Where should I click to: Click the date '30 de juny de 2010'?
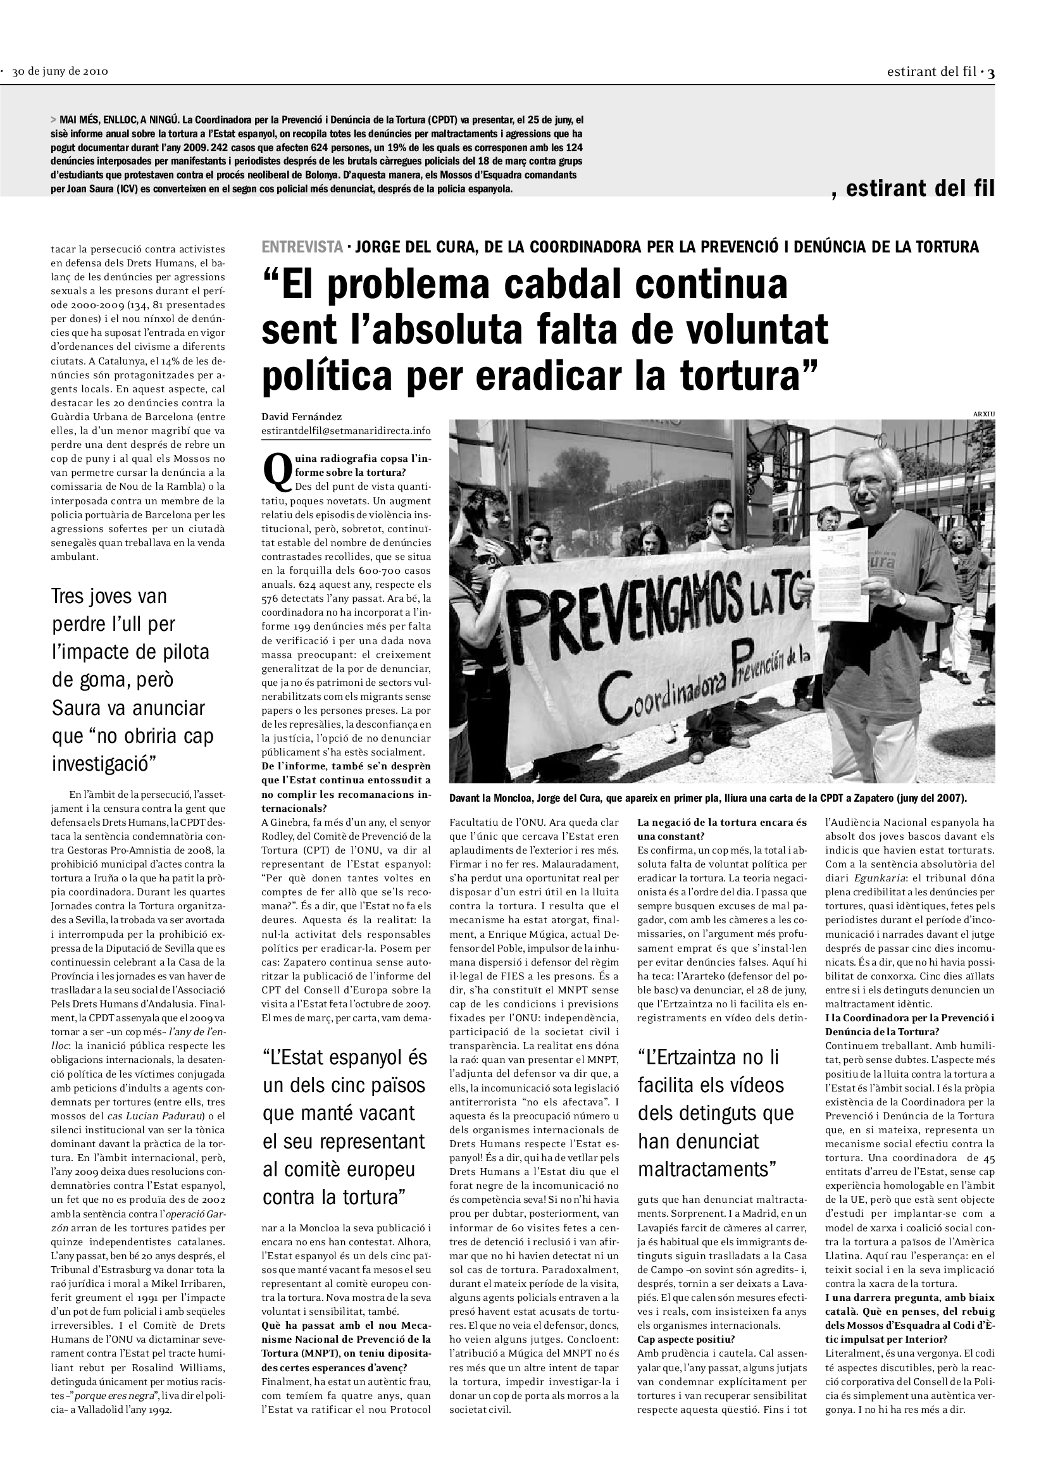click(60, 72)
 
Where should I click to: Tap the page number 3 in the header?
click(991, 73)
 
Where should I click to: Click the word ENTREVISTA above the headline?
click(302, 247)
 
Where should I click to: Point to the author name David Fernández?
click(302, 417)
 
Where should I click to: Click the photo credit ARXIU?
click(983, 414)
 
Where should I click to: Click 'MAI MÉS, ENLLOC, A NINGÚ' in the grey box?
click(118, 120)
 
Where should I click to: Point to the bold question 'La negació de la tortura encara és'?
click(722, 823)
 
